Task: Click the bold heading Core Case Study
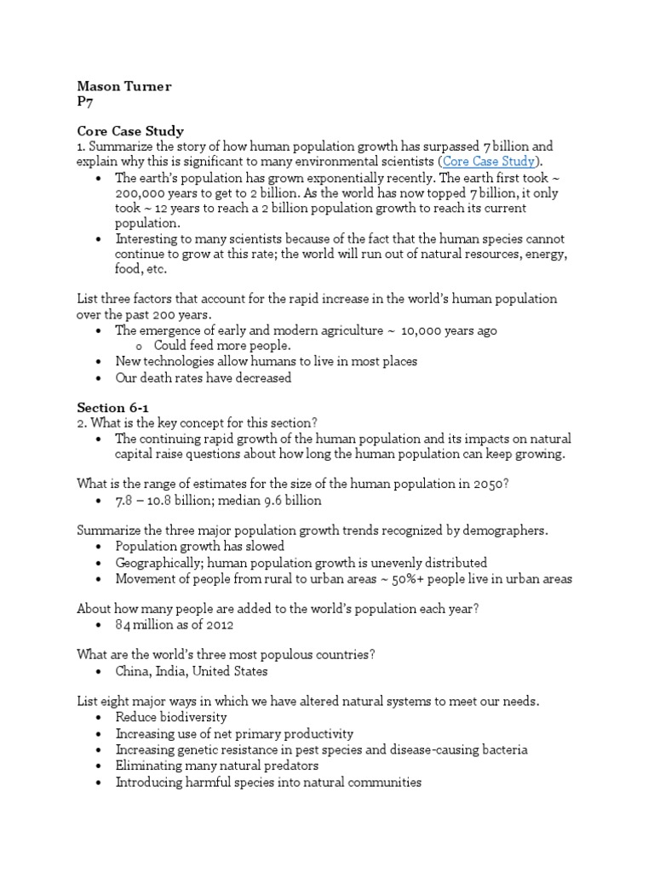point(130,131)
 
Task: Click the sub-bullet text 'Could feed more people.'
point(222,346)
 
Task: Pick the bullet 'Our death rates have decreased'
point(204,377)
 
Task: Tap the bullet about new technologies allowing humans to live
point(267,361)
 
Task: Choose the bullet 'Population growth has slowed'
point(200,546)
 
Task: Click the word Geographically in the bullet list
point(158,562)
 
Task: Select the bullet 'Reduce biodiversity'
point(171,717)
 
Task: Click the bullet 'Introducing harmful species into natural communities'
point(268,782)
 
